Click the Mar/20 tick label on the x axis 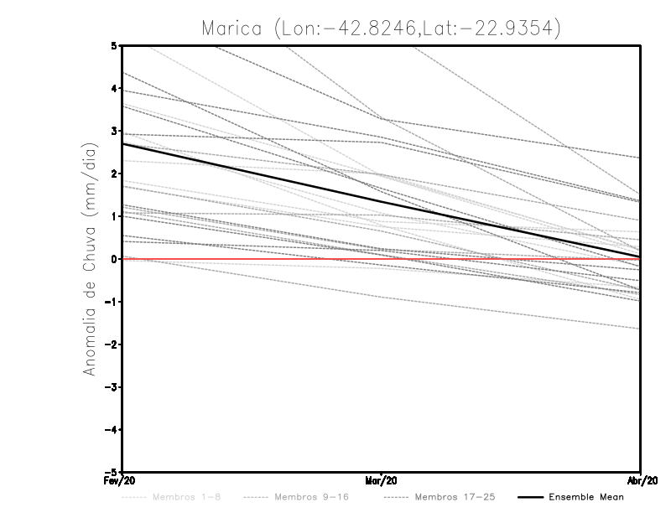[382, 481]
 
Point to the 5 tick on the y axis [114, 45]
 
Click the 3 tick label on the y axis [114, 131]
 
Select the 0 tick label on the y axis [114, 259]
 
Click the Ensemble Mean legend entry [585, 497]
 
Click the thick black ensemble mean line [382, 201]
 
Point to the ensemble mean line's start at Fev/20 [123, 143]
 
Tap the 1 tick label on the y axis [114, 216]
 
